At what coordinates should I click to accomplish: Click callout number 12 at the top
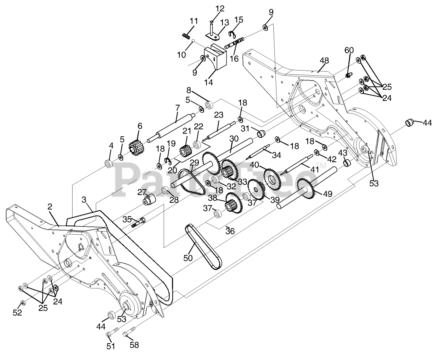tap(220, 8)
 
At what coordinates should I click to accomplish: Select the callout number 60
tap(349, 50)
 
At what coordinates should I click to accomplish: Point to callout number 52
tap(17, 312)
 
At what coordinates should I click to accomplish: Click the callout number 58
tap(134, 345)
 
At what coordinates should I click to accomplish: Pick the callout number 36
tap(230, 232)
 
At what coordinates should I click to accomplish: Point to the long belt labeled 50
tap(204, 248)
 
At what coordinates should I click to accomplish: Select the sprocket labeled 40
tap(271, 177)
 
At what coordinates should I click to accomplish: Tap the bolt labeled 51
tap(109, 334)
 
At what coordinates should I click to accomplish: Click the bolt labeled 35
tap(138, 223)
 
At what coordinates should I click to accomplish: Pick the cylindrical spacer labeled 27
tap(149, 199)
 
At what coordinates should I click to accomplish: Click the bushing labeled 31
tap(262, 132)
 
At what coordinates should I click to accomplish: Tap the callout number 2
tap(50, 207)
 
